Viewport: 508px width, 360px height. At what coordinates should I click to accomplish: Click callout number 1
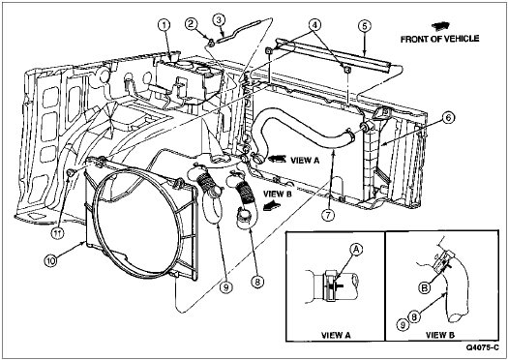(x=164, y=24)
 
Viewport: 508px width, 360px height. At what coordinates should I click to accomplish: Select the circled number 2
(x=192, y=23)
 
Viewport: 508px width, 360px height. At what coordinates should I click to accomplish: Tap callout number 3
(x=219, y=19)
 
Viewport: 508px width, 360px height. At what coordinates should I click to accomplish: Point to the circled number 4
(x=314, y=24)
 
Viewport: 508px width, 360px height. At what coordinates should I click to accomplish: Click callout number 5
(x=365, y=26)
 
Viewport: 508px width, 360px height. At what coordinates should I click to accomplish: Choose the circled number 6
(x=448, y=118)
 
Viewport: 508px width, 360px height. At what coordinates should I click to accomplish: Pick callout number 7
(x=328, y=216)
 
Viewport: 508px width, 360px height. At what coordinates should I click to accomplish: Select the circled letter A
(x=356, y=250)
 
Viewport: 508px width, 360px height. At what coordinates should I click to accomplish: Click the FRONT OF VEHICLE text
(x=439, y=39)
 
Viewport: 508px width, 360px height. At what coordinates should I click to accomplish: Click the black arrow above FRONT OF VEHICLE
(x=439, y=26)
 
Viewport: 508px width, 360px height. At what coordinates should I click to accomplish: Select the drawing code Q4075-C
(x=483, y=347)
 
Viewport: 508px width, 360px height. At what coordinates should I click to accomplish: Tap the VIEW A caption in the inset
(x=336, y=335)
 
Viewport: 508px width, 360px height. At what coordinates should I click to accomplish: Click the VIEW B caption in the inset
(x=440, y=335)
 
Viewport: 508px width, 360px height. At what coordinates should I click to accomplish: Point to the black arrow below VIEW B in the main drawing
(x=272, y=205)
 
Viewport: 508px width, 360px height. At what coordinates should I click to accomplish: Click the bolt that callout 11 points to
(x=71, y=173)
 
